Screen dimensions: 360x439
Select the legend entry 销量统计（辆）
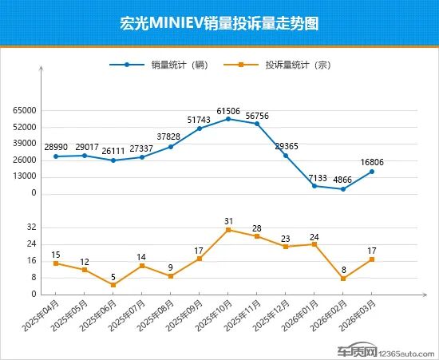coord(178,65)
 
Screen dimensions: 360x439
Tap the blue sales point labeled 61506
coord(228,119)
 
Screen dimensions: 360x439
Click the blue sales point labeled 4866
coord(343,189)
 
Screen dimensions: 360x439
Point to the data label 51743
coord(200,119)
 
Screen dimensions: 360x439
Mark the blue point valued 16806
coord(372,172)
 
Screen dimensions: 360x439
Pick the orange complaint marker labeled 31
coord(228,230)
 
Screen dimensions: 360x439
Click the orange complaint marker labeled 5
coord(113,285)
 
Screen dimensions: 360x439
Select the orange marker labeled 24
coord(314,244)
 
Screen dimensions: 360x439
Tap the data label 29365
coord(286,146)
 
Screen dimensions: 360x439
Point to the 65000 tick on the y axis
coord(25,111)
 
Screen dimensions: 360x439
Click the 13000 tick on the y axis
coord(25,176)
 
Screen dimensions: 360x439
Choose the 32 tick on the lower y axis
coord(31,227)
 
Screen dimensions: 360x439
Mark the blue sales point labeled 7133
coord(314,186)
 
